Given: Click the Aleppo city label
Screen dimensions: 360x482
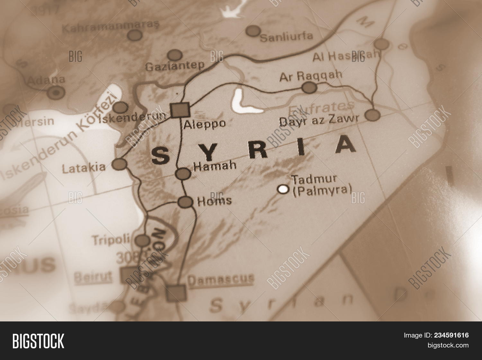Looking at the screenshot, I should click(x=204, y=124).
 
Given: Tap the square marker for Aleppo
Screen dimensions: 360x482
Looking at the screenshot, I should click(x=180, y=110).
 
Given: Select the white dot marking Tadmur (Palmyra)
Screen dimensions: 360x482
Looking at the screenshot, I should click(x=283, y=189).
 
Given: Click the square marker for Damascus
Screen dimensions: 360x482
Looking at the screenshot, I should click(x=176, y=293).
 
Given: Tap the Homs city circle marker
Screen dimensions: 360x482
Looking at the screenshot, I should click(x=185, y=202).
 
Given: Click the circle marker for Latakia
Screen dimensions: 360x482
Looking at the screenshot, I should click(x=119, y=164).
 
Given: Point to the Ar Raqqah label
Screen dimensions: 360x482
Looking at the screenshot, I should click(x=310, y=76).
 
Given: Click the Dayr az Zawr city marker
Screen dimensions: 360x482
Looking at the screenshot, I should click(x=373, y=115).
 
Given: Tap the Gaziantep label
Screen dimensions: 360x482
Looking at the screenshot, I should click(x=175, y=66).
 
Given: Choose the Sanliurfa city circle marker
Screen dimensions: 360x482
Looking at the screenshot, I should click(x=253, y=31).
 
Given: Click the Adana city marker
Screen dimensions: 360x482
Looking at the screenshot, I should click(x=56, y=93).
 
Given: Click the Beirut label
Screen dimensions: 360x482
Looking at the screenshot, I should click(x=93, y=277).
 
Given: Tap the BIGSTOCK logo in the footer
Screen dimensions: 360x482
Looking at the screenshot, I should click(x=38, y=341).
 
